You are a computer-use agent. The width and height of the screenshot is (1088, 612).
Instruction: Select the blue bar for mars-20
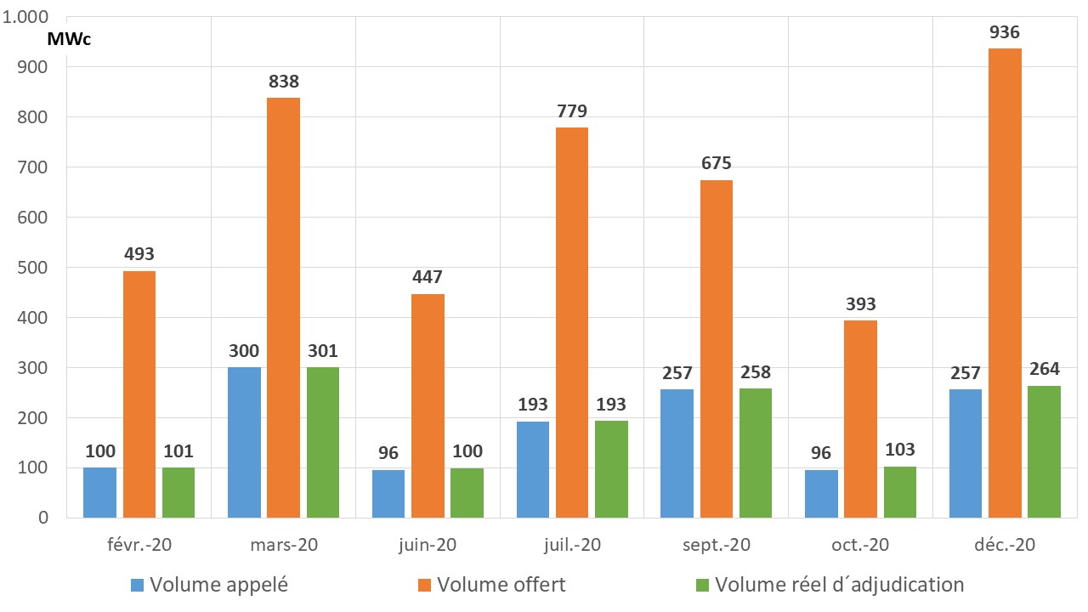[x=244, y=442]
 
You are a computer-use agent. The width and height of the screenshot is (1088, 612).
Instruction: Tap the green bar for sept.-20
[x=756, y=453]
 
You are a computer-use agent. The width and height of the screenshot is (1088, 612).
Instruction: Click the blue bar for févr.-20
[x=99, y=492]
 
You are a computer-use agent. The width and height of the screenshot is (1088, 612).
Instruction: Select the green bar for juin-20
[x=467, y=492]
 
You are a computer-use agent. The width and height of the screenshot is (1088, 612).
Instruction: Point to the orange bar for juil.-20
[x=571, y=322]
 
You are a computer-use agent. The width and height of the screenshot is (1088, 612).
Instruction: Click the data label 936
[x=1005, y=32]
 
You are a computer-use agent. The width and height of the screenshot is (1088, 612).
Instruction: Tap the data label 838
[x=283, y=82]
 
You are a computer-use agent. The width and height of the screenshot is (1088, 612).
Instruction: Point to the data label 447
[x=428, y=277]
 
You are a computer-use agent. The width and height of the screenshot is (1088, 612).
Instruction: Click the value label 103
[x=899, y=450]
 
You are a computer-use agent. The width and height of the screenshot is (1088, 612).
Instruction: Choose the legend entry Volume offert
[x=501, y=585]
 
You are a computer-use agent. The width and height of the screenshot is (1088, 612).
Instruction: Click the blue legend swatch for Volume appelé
[x=137, y=585]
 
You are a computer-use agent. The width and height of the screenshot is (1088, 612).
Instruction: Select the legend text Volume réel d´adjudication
[x=839, y=585]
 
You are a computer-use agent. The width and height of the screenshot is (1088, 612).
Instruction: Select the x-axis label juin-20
[x=428, y=545]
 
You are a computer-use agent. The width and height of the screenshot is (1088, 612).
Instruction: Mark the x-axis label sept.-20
[x=716, y=545]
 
